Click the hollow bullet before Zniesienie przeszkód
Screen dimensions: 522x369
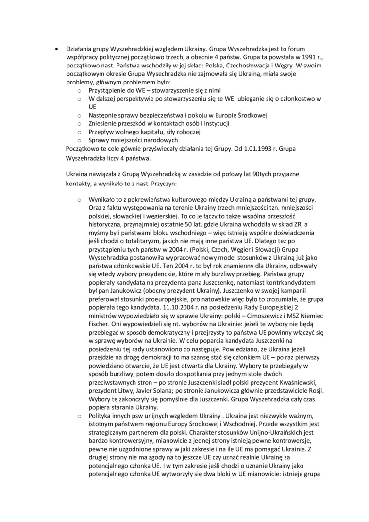pyautogui.click(x=79, y=124)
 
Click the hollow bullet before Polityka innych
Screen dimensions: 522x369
pyautogui.click(x=79, y=417)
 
